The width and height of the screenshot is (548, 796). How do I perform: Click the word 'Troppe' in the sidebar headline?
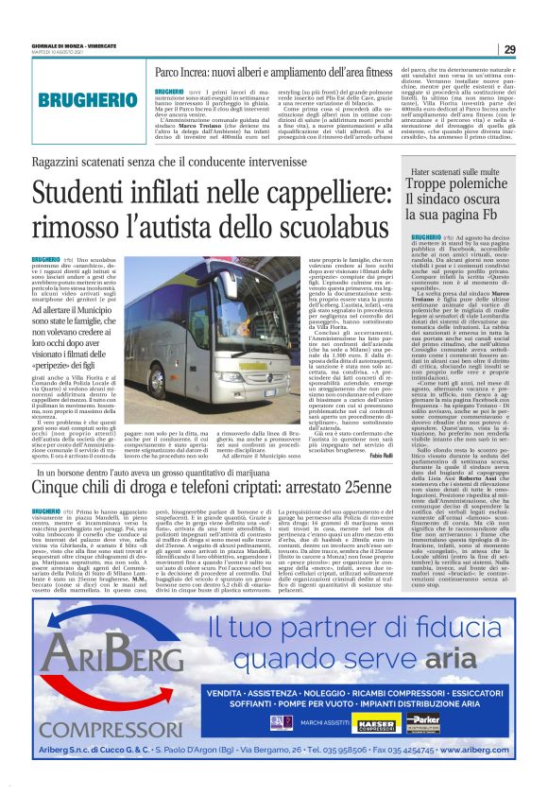(432, 185)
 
